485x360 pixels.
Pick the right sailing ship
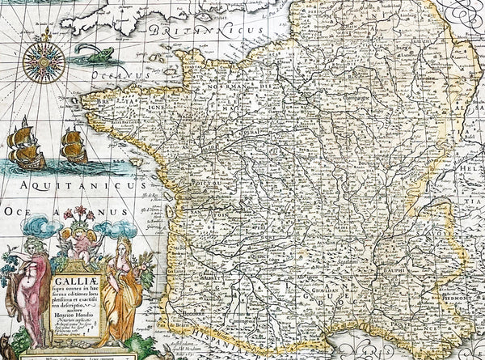[x=74, y=148]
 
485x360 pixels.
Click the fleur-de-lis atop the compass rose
[x=47, y=33]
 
